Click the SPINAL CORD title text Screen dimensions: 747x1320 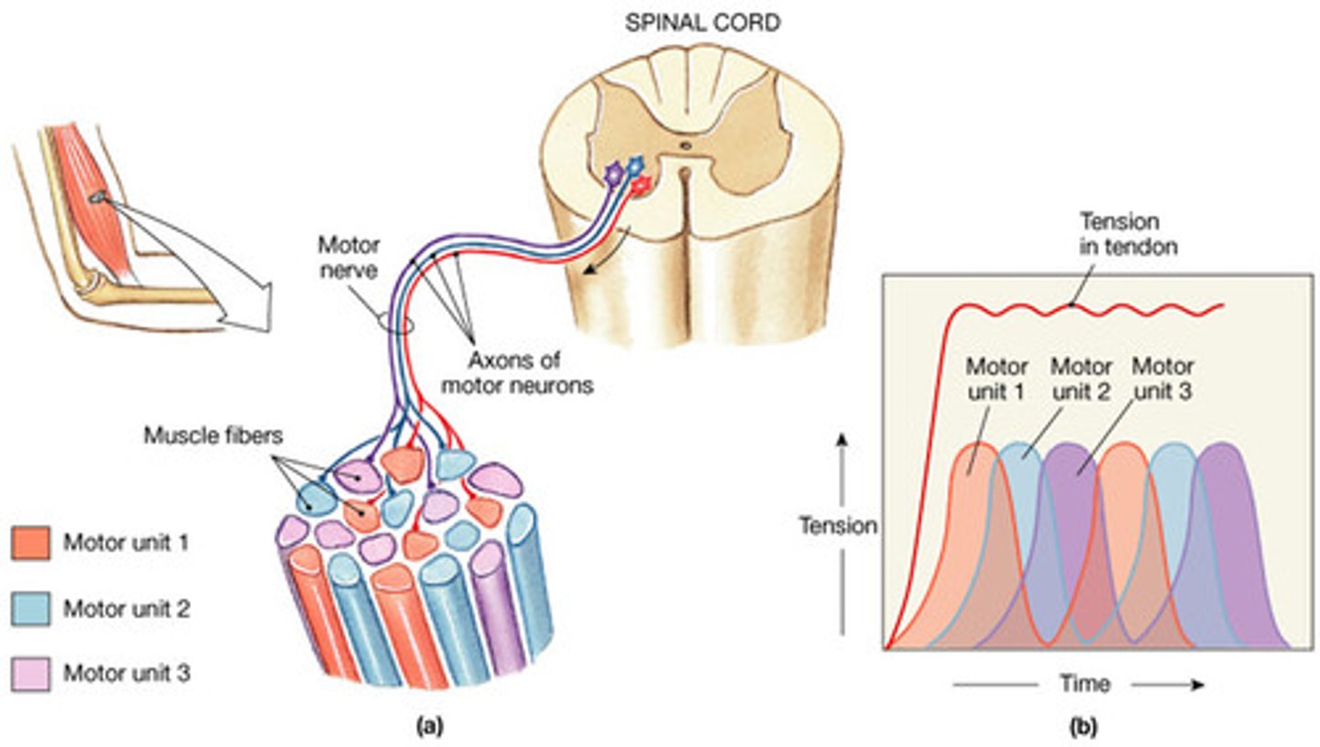tap(703, 23)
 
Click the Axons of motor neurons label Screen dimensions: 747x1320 tap(517, 372)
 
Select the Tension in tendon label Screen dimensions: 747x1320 tap(1118, 235)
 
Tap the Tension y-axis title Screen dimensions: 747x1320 tap(838, 526)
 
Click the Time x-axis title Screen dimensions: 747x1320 tap(1084, 684)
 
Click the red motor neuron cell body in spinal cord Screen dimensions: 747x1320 tap(642, 184)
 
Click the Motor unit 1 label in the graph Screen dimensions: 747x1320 tap(997, 379)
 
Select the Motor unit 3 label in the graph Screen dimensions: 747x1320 tap(1162, 379)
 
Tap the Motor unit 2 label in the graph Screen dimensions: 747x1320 tap(1081, 379)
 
